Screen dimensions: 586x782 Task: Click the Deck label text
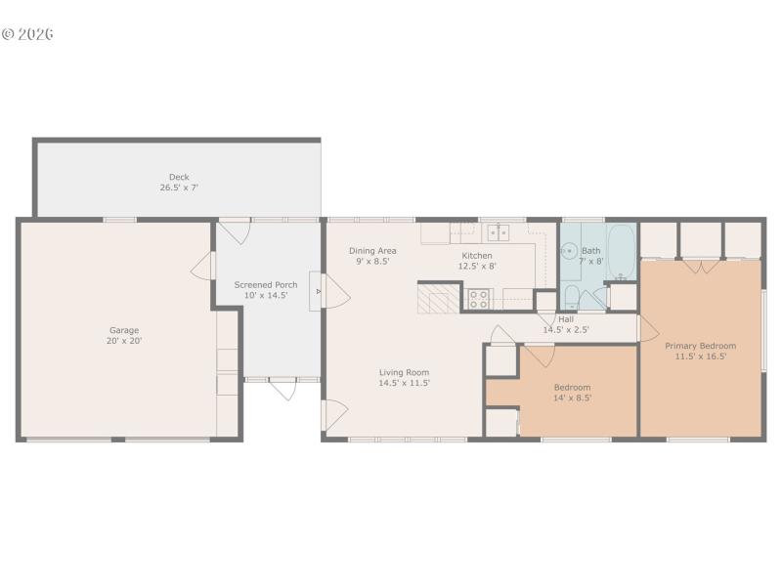click(179, 177)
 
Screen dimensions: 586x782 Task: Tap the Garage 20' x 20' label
click(124, 336)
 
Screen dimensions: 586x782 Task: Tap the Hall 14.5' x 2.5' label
click(566, 324)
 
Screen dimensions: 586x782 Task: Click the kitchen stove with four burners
click(478, 298)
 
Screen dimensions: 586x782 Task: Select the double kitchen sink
click(499, 232)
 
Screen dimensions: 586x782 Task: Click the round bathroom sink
click(569, 250)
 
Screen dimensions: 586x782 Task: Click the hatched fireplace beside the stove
click(438, 297)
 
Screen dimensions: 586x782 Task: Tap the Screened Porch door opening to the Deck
click(232, 232)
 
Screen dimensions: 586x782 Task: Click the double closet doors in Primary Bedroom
click(701, 264)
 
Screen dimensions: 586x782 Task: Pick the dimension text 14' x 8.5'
click(572, 398)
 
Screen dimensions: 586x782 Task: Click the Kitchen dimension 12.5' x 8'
click(477, 266)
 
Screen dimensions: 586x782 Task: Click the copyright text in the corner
click(27, 34)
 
